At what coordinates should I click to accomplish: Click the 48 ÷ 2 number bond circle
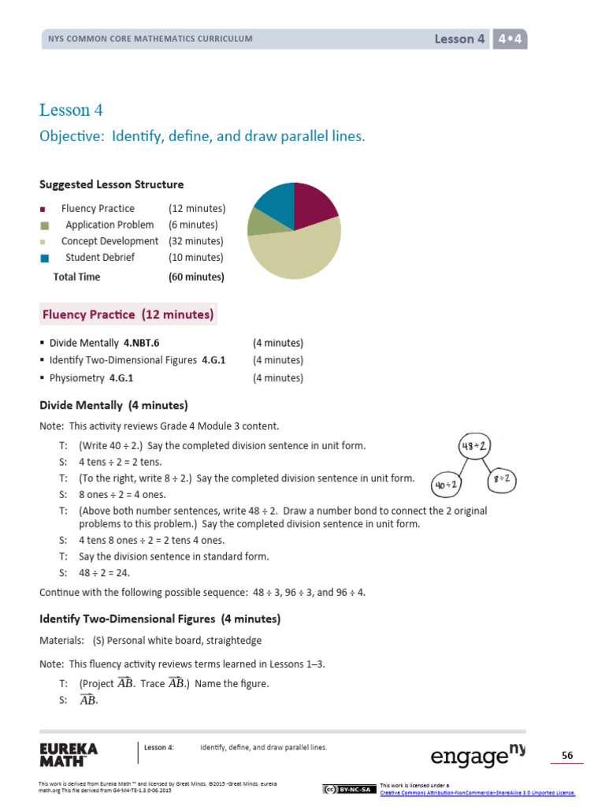pyautogui.click(x=476, y=447)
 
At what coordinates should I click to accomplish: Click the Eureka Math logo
pyautogui.click(x=69, y=754)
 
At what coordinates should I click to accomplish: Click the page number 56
pyautogui.click(x=566, y=756)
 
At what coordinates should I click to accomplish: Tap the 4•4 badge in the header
pyautogui.click(x=510, y=39)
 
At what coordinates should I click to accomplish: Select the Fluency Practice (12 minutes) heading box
pyautogui.click(x=128, y=315)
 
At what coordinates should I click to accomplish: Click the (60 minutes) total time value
pyautogui.click(x=196, y=277)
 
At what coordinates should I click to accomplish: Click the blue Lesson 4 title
pyautogui.click(x=71, y=110)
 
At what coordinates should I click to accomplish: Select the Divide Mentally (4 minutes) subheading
pyautogui.click(x=113, y=406)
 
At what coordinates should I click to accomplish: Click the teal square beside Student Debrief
pyautogui.click(x=44, y=258)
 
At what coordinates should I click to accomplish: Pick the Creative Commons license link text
pyautogui.click(x=477, y=793)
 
